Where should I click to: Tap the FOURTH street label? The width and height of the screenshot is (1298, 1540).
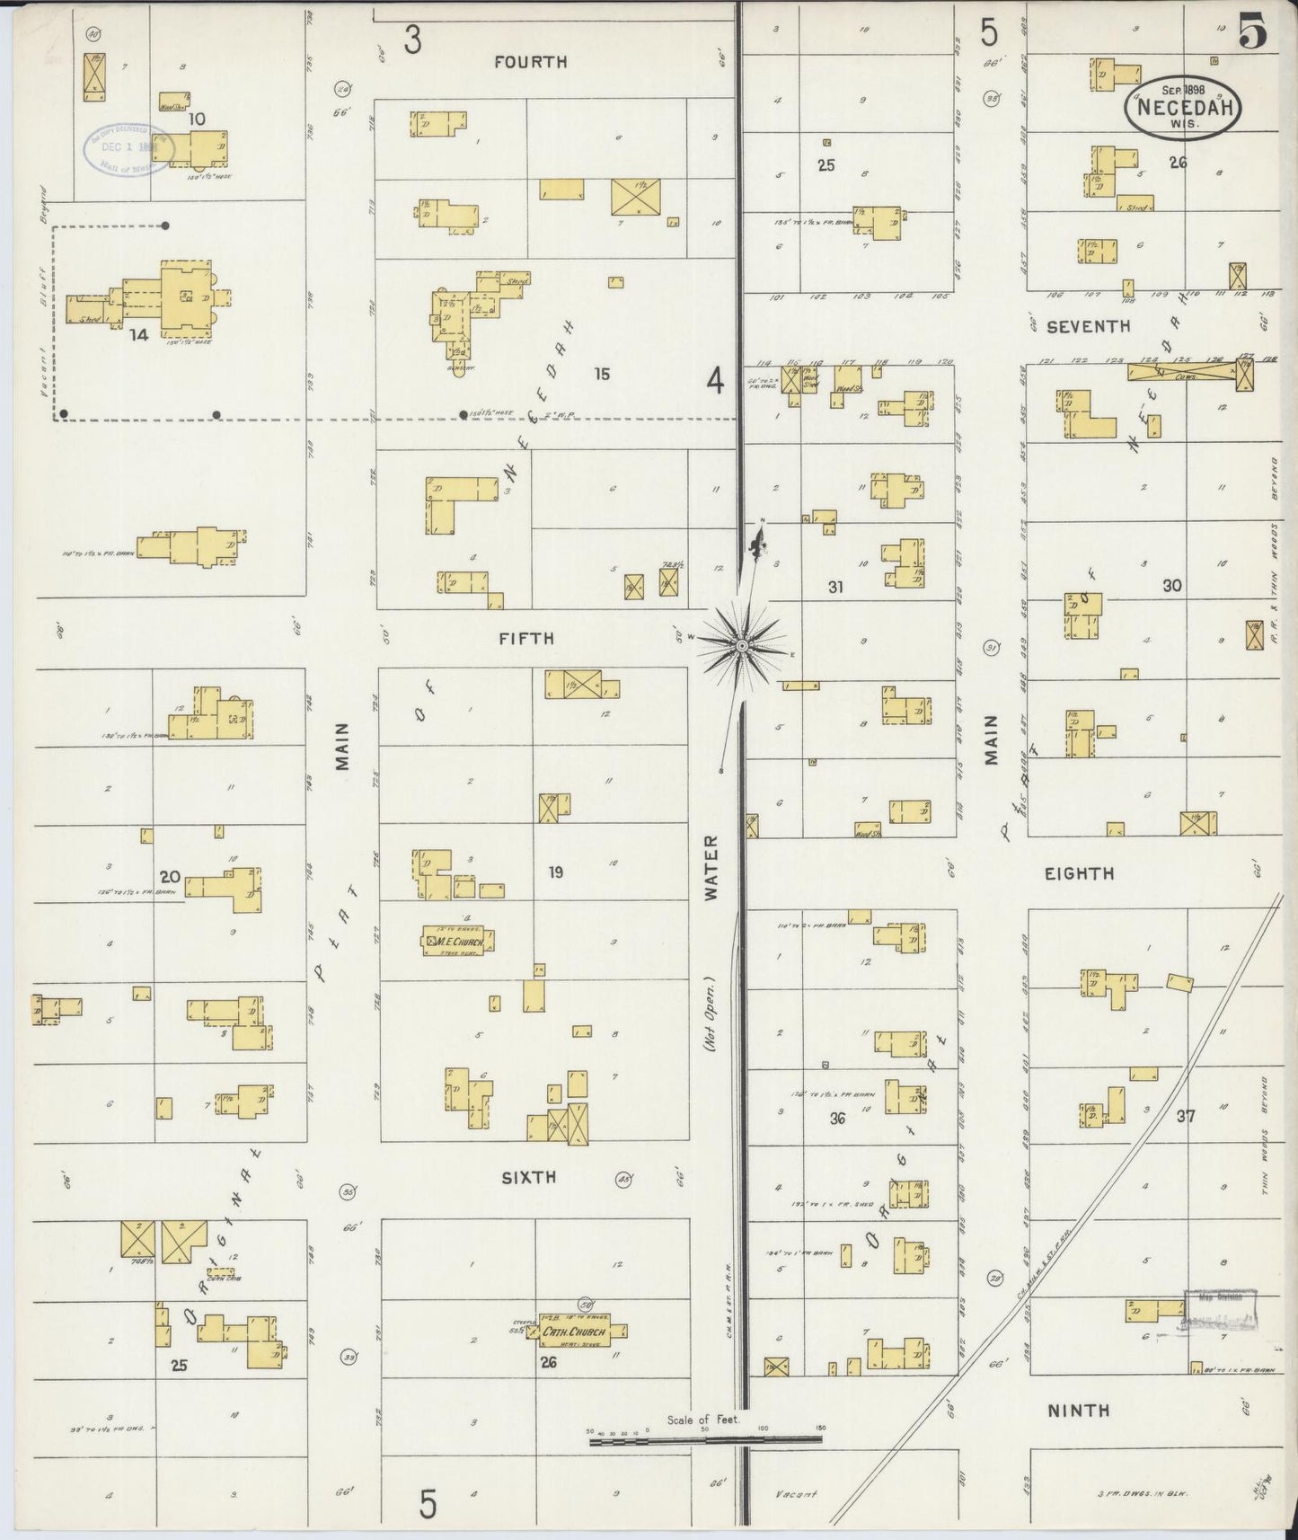(x=530, y=62)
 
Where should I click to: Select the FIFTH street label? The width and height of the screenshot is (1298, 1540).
(x=527, y=639)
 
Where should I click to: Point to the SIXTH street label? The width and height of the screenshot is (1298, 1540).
(x=528, y=1177)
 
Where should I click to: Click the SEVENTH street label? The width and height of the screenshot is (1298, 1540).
(x=1089, y=327)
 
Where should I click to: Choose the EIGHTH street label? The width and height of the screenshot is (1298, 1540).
(x=1080, y=873)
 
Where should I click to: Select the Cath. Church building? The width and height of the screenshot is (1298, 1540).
(x=575, y=1332)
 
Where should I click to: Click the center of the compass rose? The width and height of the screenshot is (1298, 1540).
(x=742, y=645)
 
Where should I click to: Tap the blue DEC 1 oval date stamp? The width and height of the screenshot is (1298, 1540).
(x=128, y=146)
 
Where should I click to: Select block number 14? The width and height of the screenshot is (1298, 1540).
(x=138, y=335)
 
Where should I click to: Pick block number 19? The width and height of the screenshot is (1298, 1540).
(x=555, y=872)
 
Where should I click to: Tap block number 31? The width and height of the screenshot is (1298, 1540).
(x=835, y=588)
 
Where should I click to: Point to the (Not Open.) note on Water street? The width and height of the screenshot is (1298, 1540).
(x=710, y=1015)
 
